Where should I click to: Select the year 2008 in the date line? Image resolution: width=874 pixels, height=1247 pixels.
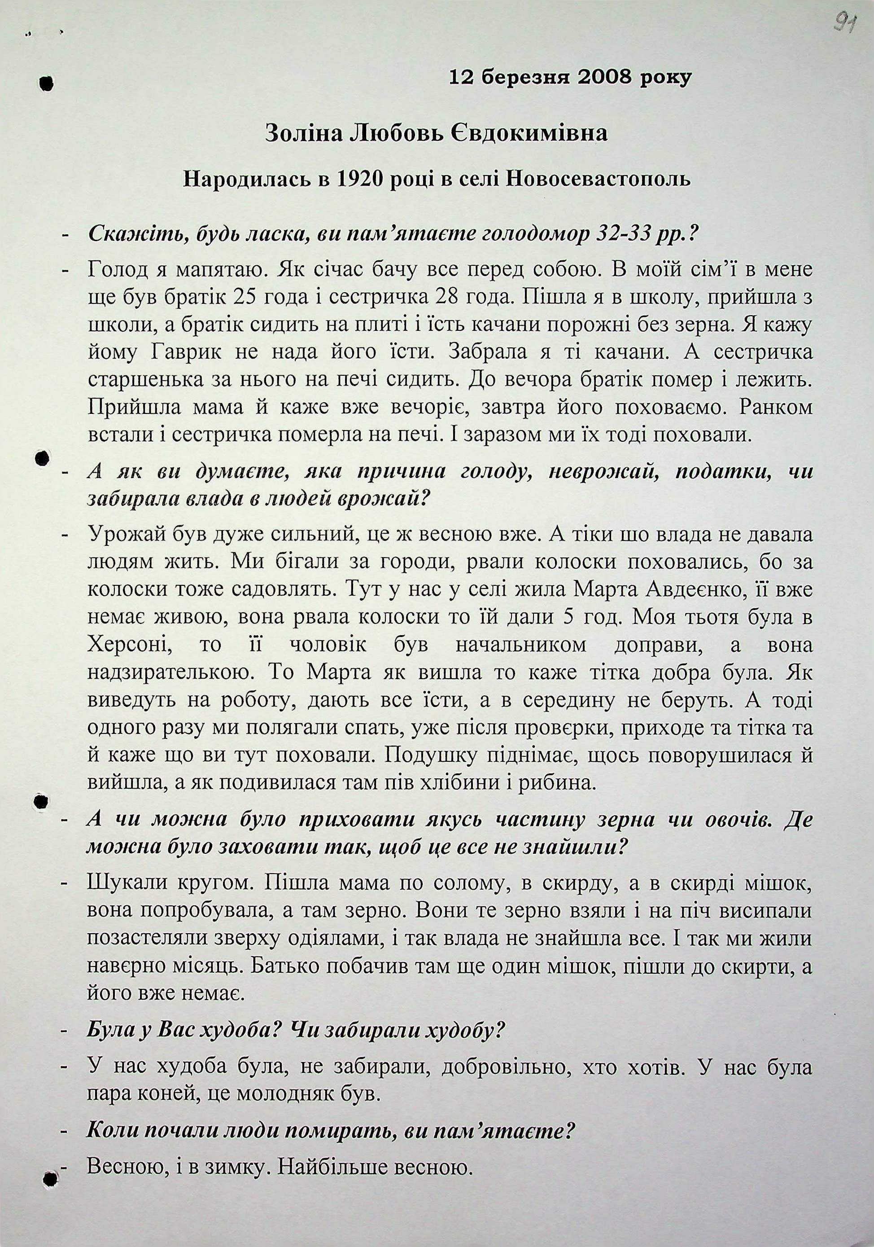(605, 78)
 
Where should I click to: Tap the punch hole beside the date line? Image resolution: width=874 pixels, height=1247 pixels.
(47, 83)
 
